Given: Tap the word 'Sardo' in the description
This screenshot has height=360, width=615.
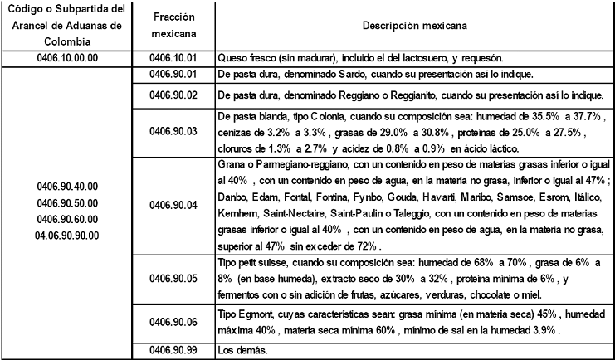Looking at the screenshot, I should pos(357,75).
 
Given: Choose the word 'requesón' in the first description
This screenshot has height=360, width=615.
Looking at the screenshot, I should pos(481,58).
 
